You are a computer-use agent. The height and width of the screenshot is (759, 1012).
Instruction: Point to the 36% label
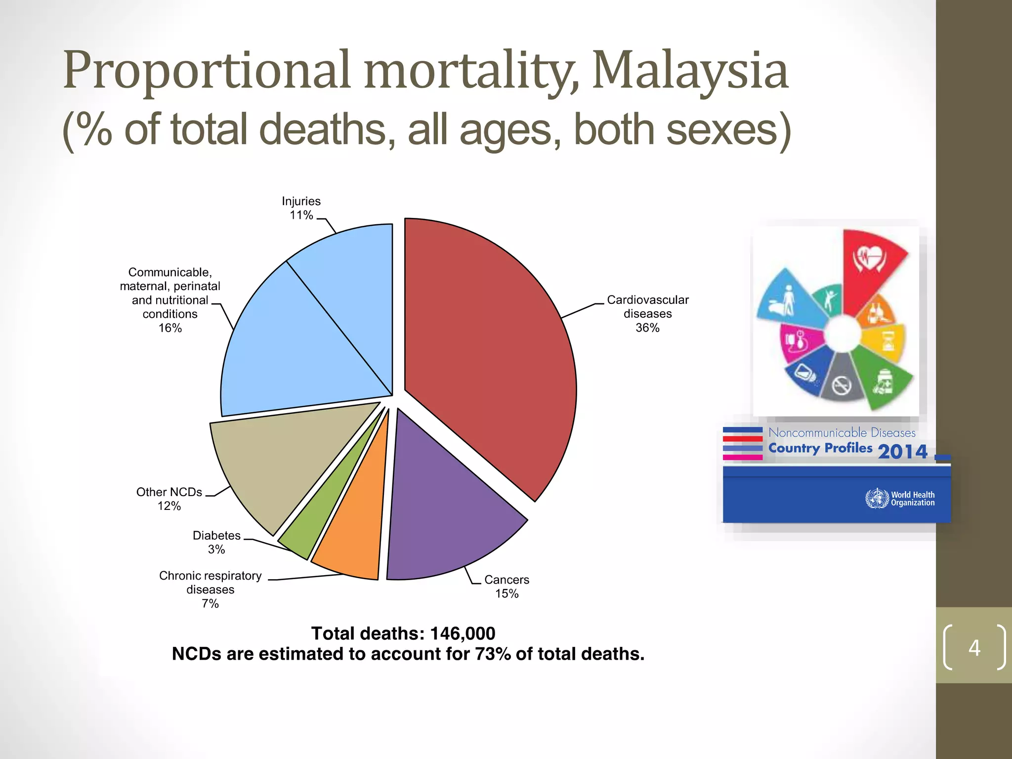pos(647,328)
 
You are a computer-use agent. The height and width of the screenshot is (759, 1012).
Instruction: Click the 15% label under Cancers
pos(507,593)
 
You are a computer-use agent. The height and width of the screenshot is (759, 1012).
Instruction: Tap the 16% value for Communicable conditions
pos(170,328)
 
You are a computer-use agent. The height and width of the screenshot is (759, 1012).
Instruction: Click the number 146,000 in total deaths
pos(463,633)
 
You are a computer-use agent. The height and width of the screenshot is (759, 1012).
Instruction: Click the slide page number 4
pos(974,647)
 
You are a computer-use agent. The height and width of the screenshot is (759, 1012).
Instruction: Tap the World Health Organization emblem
pos(877,498)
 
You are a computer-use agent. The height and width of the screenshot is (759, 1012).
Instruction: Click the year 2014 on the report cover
pos(902,451)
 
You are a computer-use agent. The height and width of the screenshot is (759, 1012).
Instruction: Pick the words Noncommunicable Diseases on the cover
pos(842,432)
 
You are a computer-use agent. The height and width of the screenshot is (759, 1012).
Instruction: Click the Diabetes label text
pos(216,535)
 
